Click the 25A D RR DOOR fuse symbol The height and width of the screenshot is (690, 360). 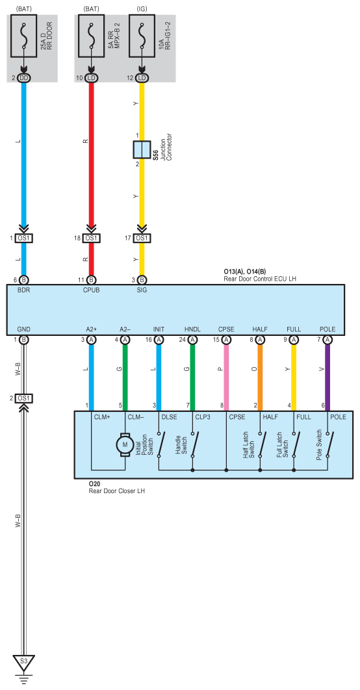coord(24,36)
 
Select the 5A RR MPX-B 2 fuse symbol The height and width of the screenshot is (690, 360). coord(92,36)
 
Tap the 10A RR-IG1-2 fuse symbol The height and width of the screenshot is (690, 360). coord(142,36)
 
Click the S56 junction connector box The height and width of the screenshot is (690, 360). coord(142,149)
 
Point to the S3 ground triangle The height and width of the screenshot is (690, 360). coord(24,661)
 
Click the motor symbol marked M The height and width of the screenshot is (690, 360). coord(125,444)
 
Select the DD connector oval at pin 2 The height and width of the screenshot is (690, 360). coord(24,78)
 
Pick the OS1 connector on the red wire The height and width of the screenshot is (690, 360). coord(91,238)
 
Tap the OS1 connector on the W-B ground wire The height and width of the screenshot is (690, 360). coord(24,398)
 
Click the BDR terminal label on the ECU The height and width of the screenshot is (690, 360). coord(23,290)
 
